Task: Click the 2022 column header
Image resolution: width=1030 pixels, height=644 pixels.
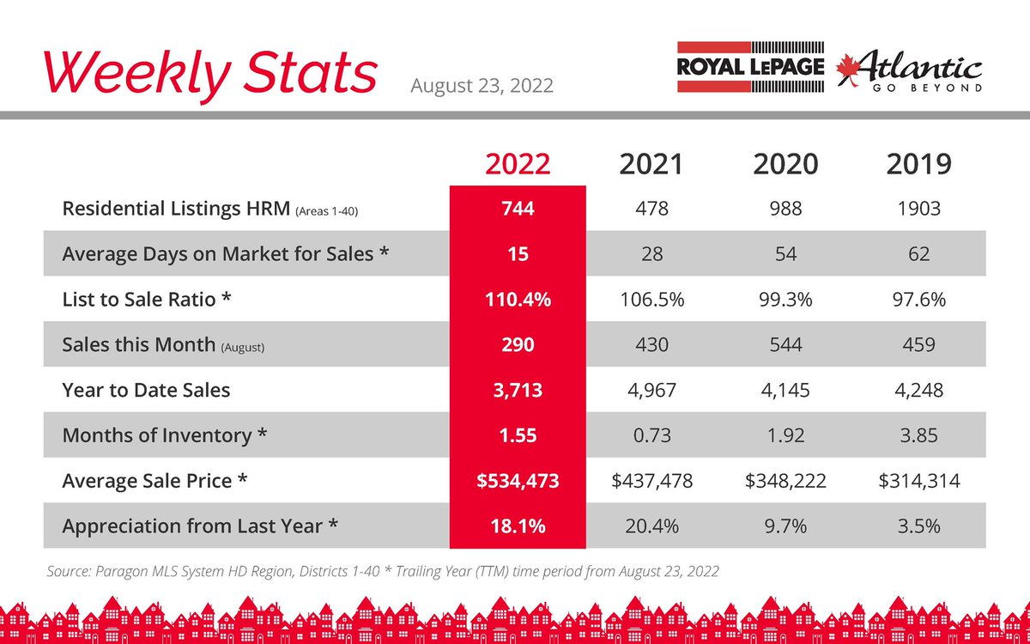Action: (518, 164)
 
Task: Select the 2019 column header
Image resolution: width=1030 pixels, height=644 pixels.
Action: (918, 164)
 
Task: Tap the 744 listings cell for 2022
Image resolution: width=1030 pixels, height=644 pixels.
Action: (518, 209)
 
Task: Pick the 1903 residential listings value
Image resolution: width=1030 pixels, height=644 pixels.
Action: (918, 209)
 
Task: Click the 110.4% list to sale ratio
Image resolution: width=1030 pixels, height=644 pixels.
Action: (518, 300)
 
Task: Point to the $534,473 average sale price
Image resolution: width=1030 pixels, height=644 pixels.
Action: (518, 481)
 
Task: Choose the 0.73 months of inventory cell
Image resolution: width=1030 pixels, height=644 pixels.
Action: (652, 435)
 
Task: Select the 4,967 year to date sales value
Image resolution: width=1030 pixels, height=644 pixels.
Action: (652, 390)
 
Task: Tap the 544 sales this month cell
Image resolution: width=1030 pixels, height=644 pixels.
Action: (786, 344)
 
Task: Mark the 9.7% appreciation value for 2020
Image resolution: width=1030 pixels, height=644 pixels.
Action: (786, 526)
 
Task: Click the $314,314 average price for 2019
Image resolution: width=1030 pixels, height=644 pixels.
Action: (919, 481)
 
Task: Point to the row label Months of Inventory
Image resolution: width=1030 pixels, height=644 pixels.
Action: (164, 435)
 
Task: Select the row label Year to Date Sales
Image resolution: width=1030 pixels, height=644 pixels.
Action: (146, 390)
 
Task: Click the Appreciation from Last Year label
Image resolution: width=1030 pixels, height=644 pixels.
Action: (200, 526)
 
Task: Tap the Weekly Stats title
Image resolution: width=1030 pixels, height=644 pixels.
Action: (210, 74)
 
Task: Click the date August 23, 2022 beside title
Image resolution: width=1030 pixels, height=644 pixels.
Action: (482, 86)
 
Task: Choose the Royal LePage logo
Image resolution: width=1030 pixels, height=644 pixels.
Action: (750, 67)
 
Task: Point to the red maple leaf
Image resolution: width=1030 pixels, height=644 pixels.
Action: (847, 70)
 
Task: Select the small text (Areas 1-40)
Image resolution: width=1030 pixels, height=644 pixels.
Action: (326, 211)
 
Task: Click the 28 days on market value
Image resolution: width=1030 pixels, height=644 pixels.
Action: (652, 254)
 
